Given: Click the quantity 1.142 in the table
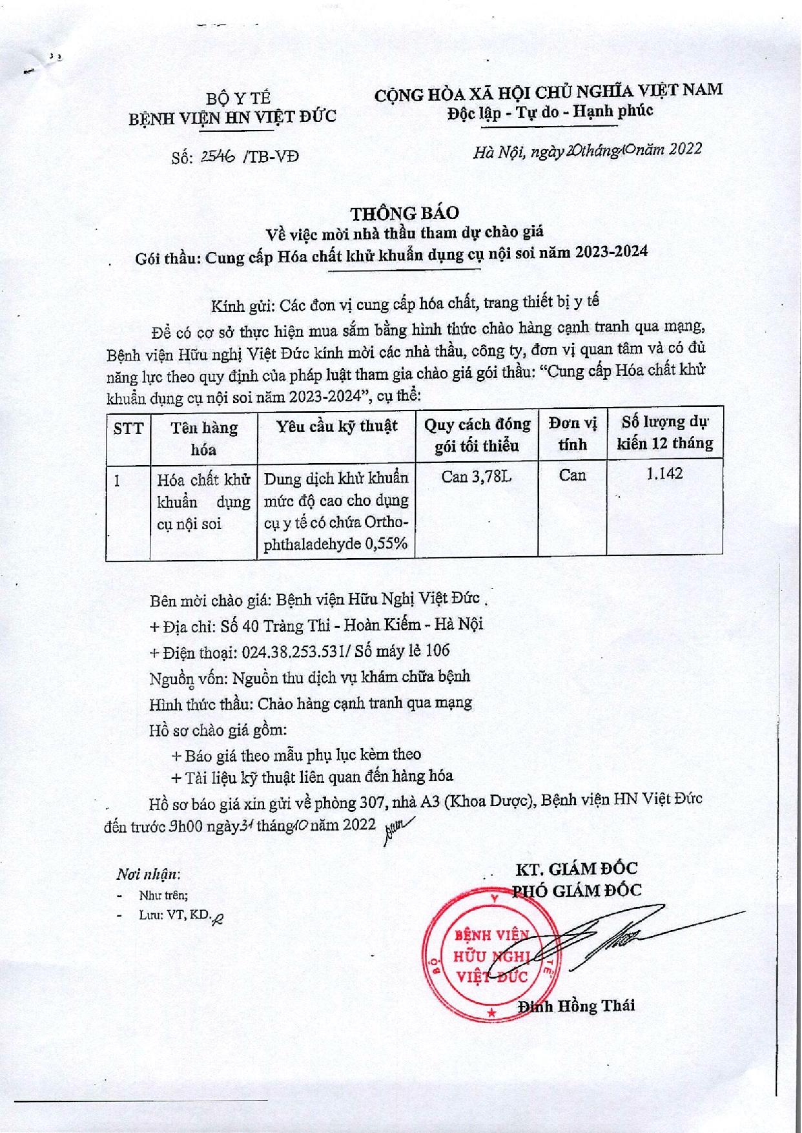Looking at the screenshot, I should [664, 475].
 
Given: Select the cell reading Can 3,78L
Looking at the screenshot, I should [477, 477].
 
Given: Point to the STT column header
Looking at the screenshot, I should [128, 428].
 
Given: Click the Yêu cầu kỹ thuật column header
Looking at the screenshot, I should [336, 426].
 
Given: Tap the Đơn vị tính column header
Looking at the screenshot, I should [573, 434].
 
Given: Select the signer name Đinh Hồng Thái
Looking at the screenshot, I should [577, 1005].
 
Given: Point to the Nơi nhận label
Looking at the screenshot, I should [148, 875].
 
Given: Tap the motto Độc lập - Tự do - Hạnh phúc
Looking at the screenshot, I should [549, 112].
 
